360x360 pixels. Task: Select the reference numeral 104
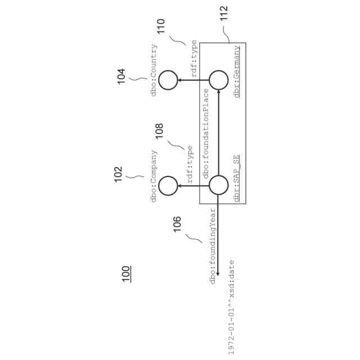coord(121,76)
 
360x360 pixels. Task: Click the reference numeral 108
coord(159,131)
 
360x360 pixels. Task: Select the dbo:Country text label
coord(154,70)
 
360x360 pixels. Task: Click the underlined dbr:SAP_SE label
coord(237,178)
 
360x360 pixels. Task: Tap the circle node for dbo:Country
coord(168,81)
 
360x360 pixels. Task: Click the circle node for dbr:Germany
coord(218,81)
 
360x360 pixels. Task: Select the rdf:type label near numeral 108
coord(190,165)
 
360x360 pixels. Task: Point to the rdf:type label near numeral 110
coord(194,58)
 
